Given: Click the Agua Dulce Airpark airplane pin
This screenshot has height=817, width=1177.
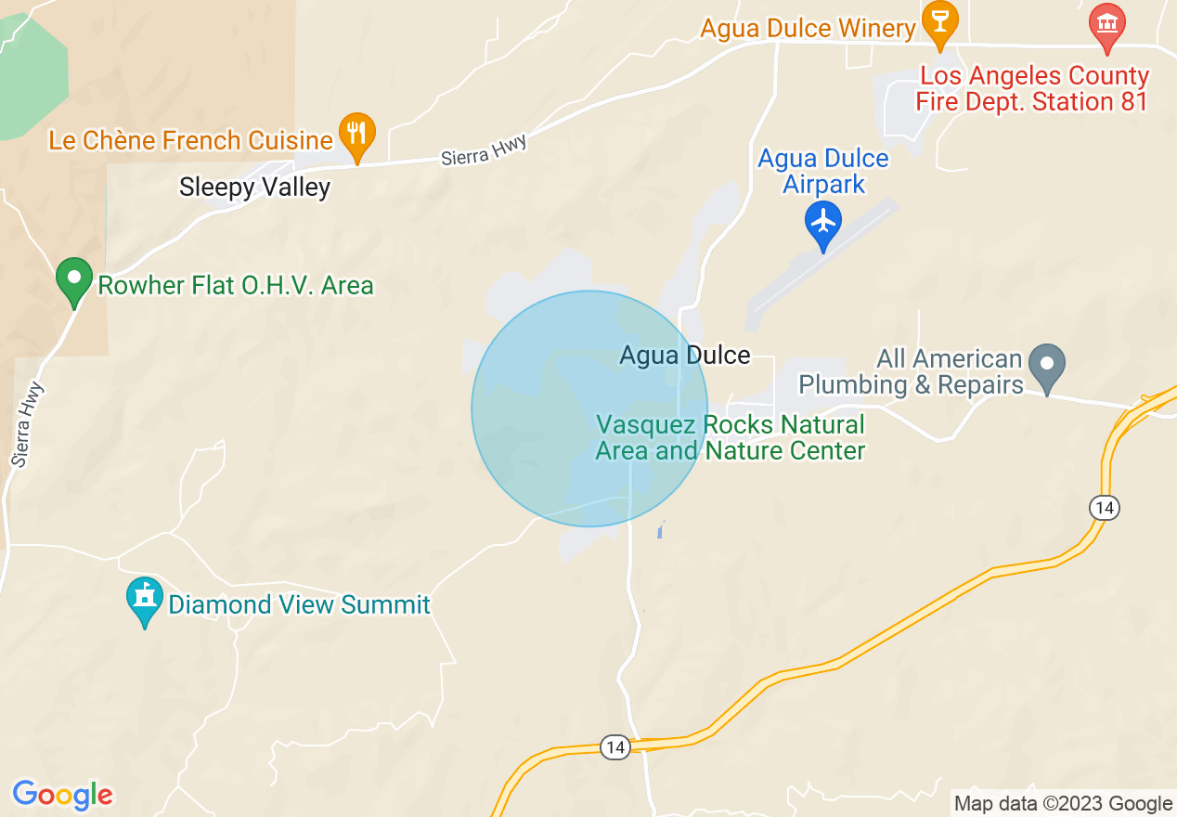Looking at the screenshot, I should [x=822, y=224].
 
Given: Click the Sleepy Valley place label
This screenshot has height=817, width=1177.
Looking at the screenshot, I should [x=254, y=188].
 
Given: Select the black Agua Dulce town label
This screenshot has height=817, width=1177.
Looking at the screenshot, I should [x=685, y=356].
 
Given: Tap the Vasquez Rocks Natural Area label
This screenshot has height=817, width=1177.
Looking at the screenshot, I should [x=731, y=438].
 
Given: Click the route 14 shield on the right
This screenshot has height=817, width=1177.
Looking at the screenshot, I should [x=1104, y=508].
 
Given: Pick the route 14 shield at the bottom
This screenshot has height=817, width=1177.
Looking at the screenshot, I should [x=614, y=747].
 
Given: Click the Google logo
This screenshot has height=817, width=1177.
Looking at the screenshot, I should [x=62, y=795].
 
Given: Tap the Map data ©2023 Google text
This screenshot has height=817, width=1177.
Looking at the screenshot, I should [x=1064, y=804].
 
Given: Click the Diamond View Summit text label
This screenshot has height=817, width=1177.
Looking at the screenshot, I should [x=299, y=605].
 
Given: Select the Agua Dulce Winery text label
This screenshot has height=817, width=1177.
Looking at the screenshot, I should [x=808, y=29].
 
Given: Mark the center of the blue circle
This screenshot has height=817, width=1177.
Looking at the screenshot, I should [x=589, y=408].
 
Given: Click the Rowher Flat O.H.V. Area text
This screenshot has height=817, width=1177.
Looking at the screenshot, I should [x=236, y=285].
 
